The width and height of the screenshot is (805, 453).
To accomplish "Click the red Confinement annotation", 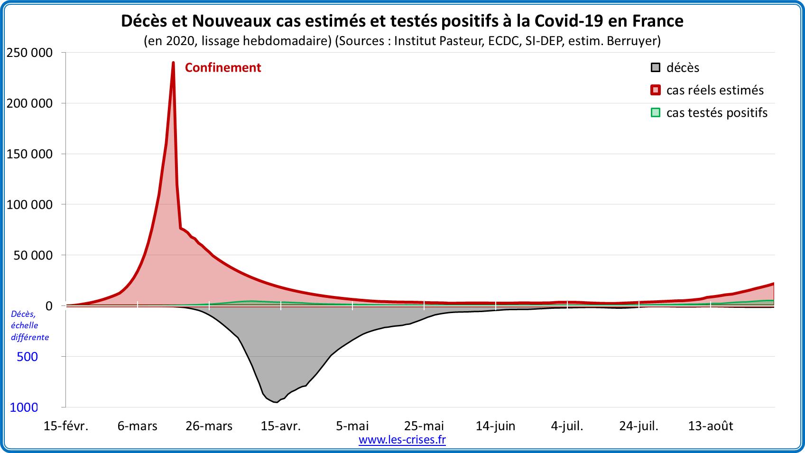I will click(x=222, y=68).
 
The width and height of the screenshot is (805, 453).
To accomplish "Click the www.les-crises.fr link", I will click(x=402, y=440).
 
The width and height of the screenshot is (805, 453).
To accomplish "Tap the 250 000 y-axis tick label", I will click(x=29, y=53).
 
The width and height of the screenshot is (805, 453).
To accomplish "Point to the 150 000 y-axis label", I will click(x=29, y=154).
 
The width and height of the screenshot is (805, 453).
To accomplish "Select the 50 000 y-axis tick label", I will click(x=32, y=256).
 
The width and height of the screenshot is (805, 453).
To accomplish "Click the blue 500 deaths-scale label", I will click(x=27, y=357).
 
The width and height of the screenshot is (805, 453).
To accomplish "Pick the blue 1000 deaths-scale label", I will click(x=24, y=407).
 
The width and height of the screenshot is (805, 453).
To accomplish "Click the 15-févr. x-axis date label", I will click(x=66, y=426).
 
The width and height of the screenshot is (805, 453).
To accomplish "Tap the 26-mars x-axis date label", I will click(x=209, y=426).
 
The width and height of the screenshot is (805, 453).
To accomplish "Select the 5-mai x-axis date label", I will click(x=352, y=426).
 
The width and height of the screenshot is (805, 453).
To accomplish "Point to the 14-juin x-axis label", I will click(x=495, y=426).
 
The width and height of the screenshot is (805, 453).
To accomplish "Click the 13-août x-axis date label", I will click(x=710, y=426).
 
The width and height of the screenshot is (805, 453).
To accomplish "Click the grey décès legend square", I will click(x=655, y=67).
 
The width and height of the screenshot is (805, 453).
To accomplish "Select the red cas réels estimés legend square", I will click(x=655, y=90).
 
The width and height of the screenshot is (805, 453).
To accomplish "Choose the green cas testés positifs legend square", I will click(x=655, y=113).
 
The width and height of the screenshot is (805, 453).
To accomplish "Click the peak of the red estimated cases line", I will click(x=173, y=63).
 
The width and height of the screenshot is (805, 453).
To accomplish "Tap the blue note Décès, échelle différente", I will click(x=29, y=325).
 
